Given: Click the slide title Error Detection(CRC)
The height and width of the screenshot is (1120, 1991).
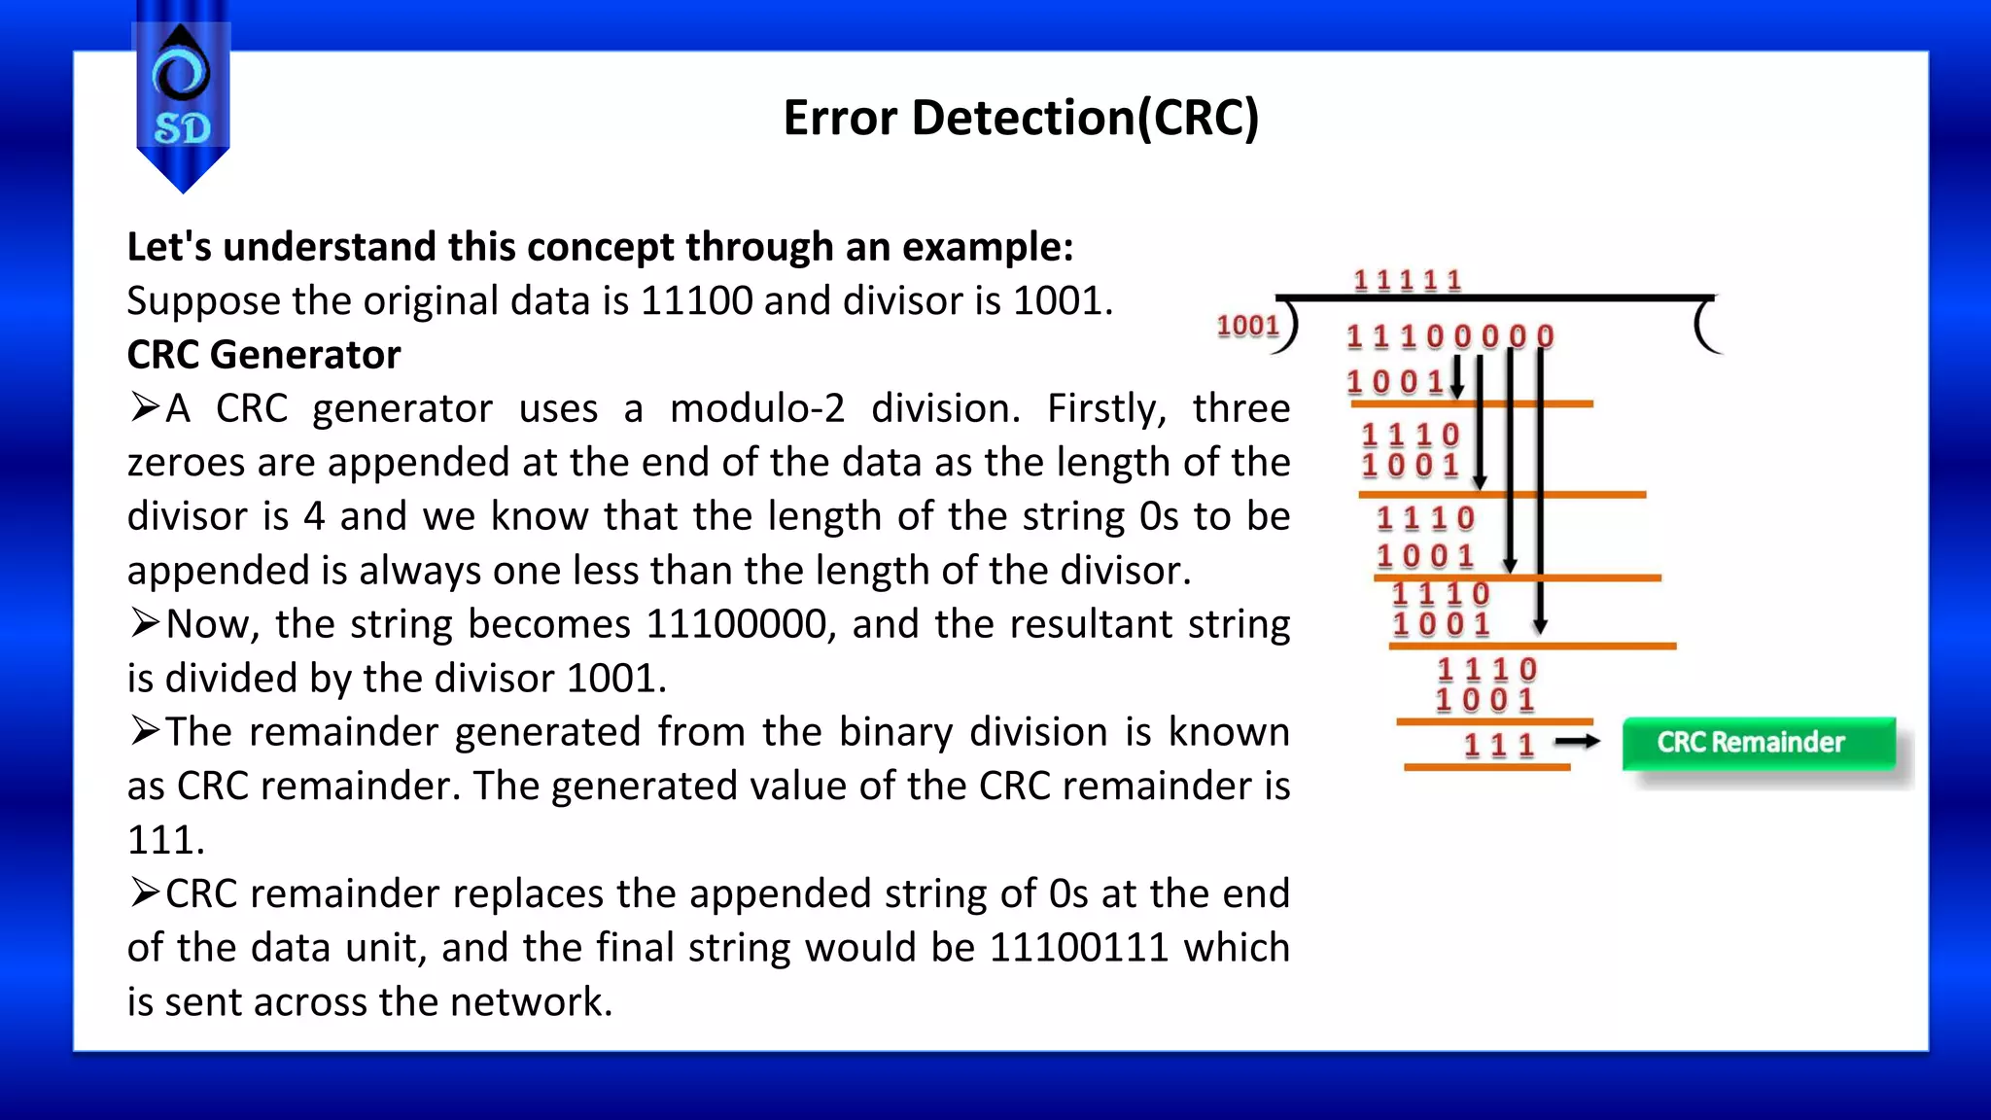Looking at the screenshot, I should tap(1021, 118).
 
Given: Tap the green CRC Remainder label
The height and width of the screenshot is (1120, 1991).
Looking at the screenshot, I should tap(1758, 743).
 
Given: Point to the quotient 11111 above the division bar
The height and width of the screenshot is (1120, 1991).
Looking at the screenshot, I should tap(1408, 281).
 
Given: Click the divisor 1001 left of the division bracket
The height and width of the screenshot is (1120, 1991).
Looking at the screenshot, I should tap(1247, 326).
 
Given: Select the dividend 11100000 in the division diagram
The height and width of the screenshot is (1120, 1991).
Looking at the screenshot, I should tap(1450, 336).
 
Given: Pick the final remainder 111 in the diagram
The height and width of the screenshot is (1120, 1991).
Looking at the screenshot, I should tap(1499, 746).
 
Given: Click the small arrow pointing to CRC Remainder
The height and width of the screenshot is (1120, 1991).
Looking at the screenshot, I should tap(1577, 743).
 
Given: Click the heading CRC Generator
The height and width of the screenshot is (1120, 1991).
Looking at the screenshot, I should tap(263, 355).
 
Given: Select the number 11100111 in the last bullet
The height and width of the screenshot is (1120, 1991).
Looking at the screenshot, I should tap(1078, 948).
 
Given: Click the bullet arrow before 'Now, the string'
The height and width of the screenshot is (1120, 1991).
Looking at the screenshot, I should tap(145, 622).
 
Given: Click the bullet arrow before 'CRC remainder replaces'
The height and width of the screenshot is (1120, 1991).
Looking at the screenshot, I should tap(145, 892).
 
